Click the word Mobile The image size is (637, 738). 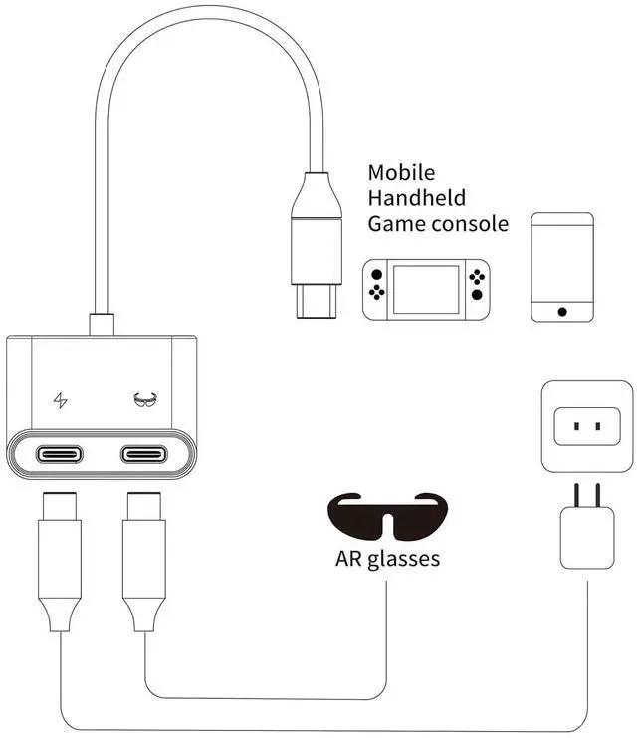coord(401,173)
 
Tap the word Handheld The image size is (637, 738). coord(416,198)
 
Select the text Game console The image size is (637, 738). coord(438,224)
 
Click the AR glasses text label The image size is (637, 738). coord(387,559)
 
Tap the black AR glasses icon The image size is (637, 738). coord(387,514)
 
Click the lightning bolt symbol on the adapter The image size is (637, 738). coord(61,401)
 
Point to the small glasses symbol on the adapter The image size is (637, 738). coord(145,401)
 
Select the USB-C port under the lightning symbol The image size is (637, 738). coord(61,456)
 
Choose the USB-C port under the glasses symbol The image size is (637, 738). coord(145,456)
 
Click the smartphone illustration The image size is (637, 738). coord(562,266)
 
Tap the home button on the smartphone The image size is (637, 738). coord(562,311)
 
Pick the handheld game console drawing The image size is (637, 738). coord(425,290)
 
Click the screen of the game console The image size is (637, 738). coord(425,290)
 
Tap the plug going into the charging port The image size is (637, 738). coord(60,558)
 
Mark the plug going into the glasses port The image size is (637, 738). coord(145,558)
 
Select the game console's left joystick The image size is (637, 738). coord(375,274)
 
